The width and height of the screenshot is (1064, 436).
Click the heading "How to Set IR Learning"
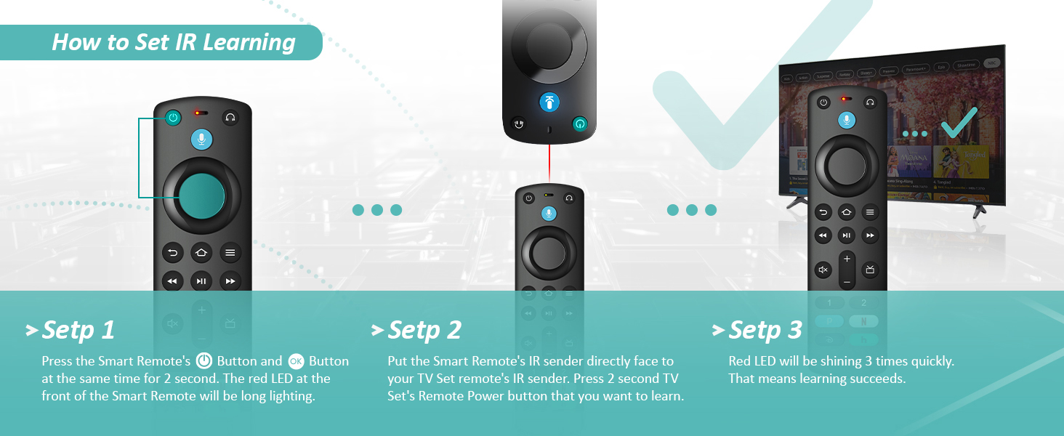(x=174, y=42)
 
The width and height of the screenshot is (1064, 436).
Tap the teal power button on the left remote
(x=172, y=117)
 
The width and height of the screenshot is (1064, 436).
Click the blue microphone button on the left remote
(x=201, y=140)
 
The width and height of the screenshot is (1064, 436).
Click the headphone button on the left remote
(x=230, y=117)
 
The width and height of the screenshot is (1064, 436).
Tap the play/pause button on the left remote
(x=201, y=280)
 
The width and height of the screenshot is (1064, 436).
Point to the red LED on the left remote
(x=197, y=113)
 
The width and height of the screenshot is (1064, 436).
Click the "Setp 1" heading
(x=78, y=330)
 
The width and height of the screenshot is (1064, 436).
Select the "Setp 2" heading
(x=424, y=330)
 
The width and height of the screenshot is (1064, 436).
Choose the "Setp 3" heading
(x=765, y=330)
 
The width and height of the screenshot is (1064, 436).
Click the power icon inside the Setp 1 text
(x=204, y=361)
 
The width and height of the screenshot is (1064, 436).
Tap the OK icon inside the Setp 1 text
(x=296, y=361)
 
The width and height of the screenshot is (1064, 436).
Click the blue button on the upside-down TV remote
(x=549, y=102)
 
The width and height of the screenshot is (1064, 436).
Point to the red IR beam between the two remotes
(x=549, y=163)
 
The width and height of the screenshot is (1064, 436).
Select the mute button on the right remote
(x=823, y=270)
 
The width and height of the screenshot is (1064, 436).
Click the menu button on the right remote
(x=870, y=212)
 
